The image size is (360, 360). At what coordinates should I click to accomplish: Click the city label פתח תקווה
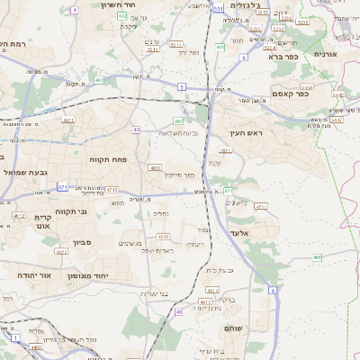pos(109,159)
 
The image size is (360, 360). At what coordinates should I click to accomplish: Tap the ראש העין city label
pos(244,133)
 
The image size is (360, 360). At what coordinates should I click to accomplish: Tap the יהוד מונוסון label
pos(86,275)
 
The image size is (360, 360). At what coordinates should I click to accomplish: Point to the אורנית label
pos(325,53)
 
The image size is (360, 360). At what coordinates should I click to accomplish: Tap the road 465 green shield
pos(317,257)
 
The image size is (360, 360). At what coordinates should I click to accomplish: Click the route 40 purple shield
pos(136,130)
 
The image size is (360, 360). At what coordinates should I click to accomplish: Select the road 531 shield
pos(219,8)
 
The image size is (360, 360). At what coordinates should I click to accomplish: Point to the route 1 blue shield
pos(15,337)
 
